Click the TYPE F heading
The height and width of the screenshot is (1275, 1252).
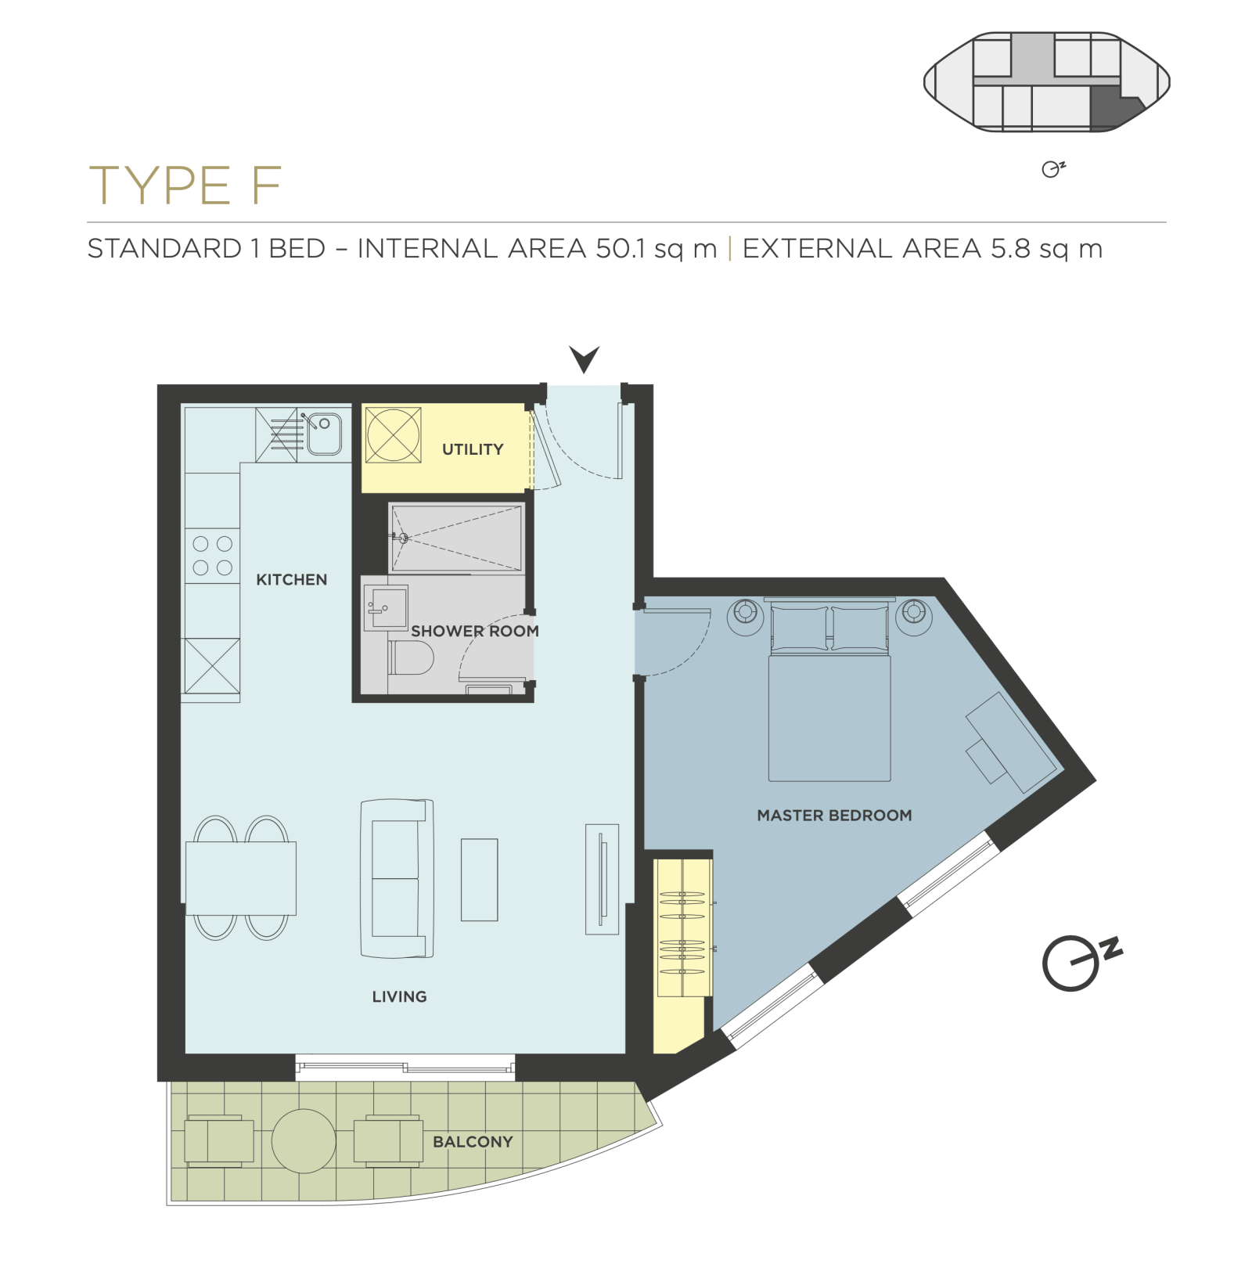pos(185,185)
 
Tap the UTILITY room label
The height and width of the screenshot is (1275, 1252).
pos(473,449)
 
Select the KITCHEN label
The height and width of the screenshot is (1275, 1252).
pos(292,580)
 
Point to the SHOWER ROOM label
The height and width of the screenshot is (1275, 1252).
pos(475,631)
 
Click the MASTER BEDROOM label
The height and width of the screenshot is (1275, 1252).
pos(834,816)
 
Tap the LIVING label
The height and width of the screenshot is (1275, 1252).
pos(400,996)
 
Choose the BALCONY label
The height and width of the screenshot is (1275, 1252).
pos(473,1142)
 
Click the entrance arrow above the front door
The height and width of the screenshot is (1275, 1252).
pos(585,359)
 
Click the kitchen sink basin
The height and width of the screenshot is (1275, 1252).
pos(324,434)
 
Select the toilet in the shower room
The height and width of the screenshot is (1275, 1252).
pos(412,658)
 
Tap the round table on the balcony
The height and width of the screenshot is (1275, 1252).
pos(304,1141)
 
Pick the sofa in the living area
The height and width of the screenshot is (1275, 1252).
pos(397,878)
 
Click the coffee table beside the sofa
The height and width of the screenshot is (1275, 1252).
pos(480,880)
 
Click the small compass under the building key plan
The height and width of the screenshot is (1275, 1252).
pos(1053,169)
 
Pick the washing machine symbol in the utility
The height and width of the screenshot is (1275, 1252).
pos(394,434)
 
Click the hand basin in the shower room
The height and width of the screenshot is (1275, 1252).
pos(386,607)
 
